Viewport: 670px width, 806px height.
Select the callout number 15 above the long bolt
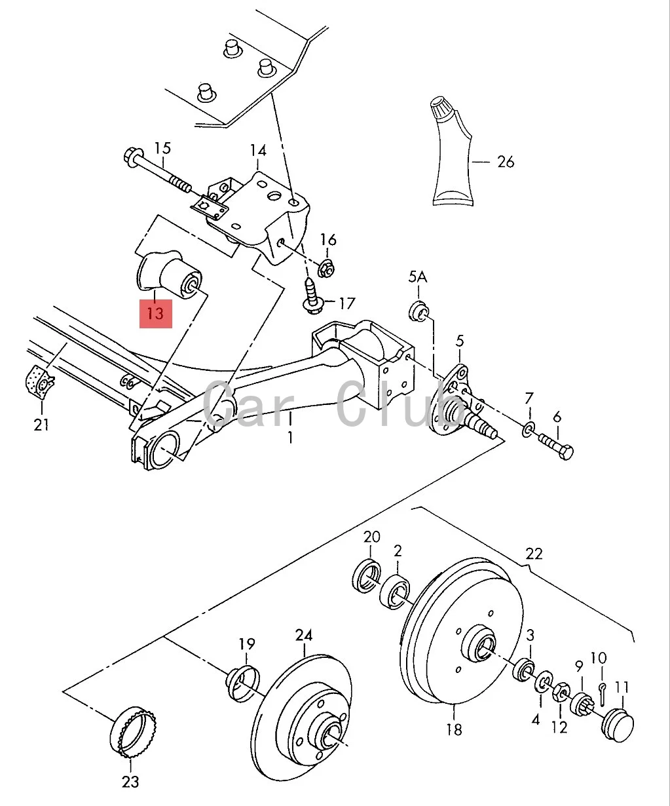click(x=162, y=148)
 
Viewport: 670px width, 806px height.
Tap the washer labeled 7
click(x=529, y=430)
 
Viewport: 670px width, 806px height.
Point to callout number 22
click(x=534, y=554)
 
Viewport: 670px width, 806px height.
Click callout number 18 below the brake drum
click(x=453, y=729)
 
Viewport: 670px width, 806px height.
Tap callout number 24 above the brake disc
click(x=304, y=635)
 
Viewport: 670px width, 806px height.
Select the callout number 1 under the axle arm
click(x=290, y=437)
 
